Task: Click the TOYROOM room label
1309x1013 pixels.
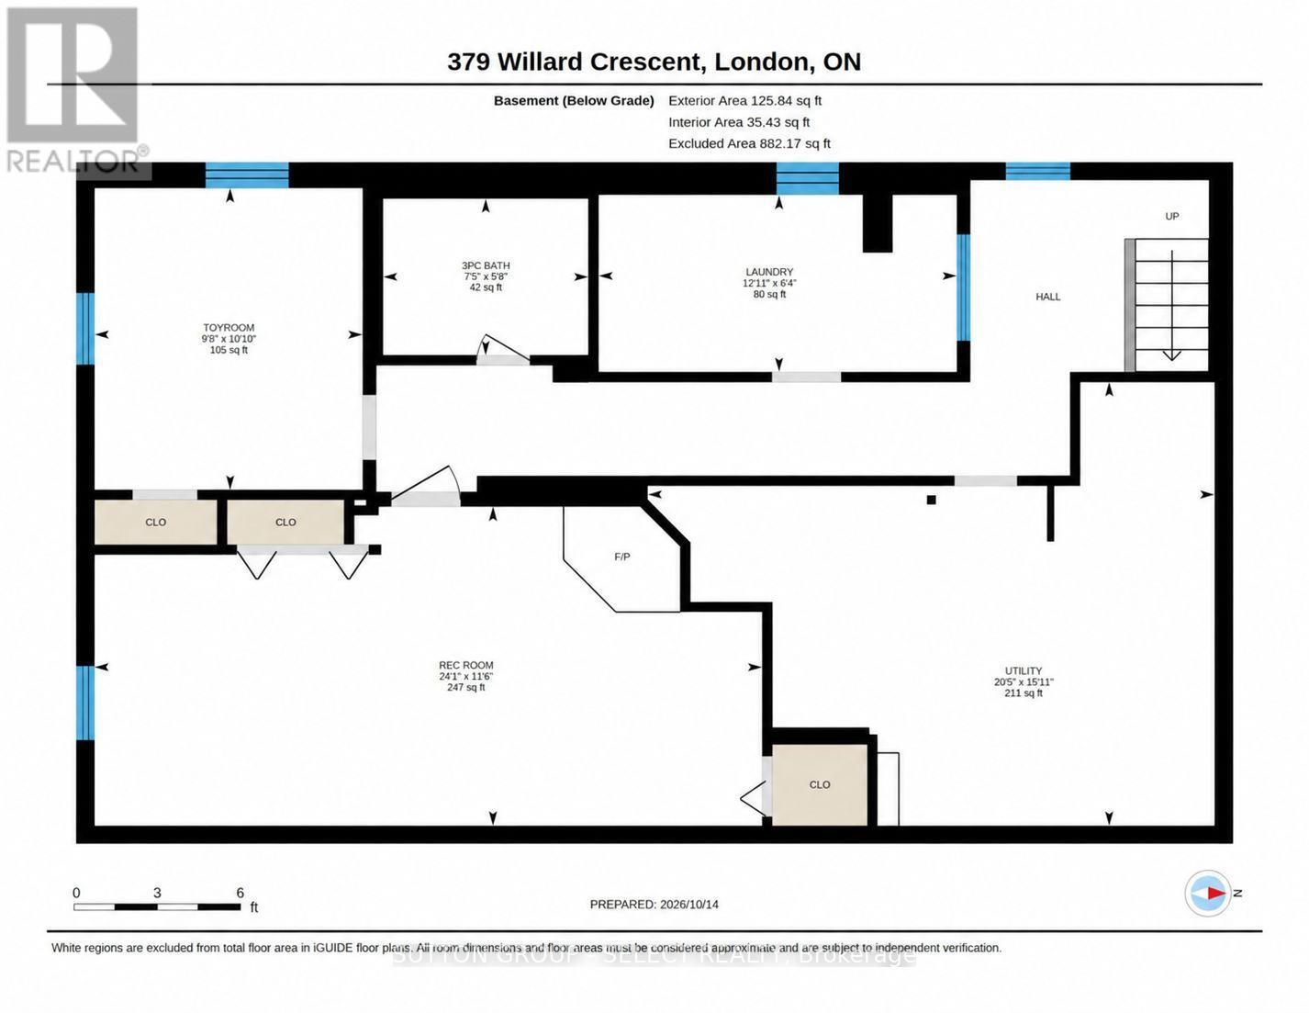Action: pos(229,327)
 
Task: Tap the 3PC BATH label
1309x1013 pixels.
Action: pos(486,265)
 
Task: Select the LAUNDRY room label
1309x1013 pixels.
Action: pos(769,273)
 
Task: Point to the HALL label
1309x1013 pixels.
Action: pos(1047,297)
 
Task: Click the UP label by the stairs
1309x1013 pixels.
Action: pos(1171,216)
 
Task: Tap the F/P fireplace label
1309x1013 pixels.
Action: pos(621,557)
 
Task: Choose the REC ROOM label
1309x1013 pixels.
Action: pos(466,665)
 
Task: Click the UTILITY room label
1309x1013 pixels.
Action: pos(1023,670)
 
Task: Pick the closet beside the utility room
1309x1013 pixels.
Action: pos(820,784)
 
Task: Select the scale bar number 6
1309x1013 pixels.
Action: pos(240,893)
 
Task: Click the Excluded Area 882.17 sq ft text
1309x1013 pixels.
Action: pos(749,143)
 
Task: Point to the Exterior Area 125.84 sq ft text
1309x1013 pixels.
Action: pos(744,101)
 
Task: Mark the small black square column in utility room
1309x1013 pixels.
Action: pos(932,500)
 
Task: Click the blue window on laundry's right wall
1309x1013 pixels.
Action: pos(964,287)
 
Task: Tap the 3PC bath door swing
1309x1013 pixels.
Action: pos(502,350)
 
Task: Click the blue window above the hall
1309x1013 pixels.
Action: pos(1037,171)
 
